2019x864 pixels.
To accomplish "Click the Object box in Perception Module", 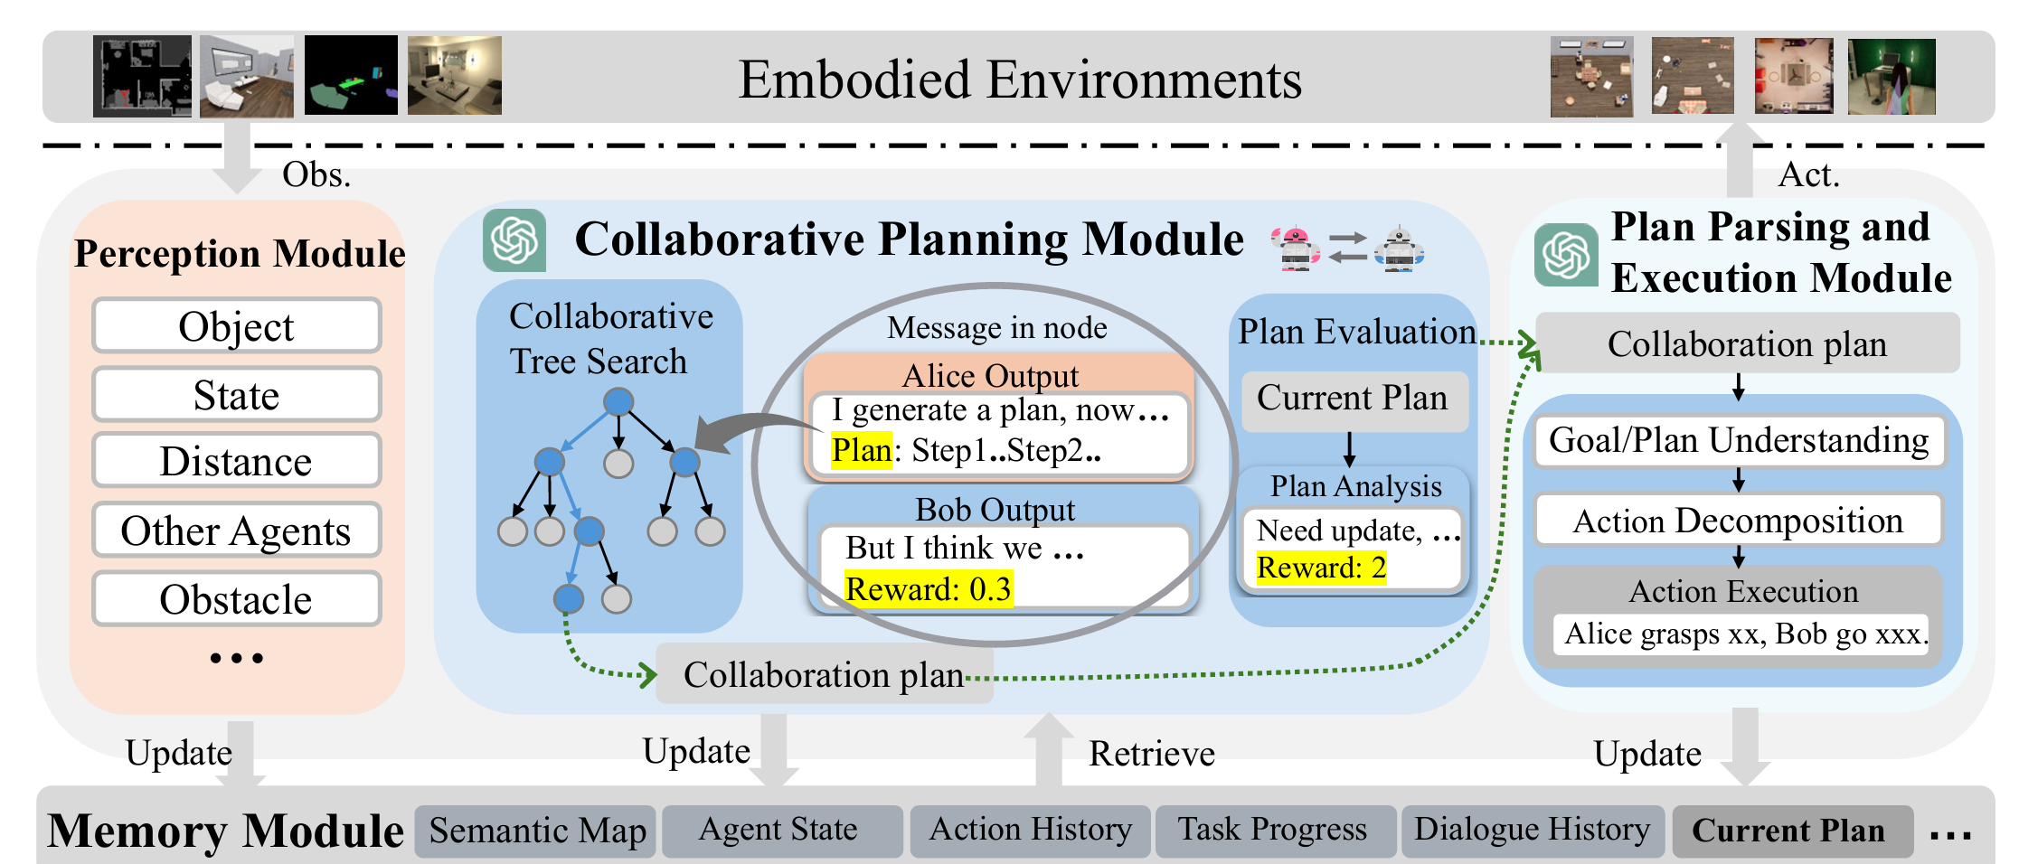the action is click(x=237, y=325).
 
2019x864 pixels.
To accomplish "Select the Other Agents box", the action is click(x=237, y=530).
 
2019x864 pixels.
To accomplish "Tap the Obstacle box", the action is click(x=237, y=598).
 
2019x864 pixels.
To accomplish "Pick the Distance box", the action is click(x=237, y=461).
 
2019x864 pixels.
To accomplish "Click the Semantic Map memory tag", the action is click(x=536, y=831).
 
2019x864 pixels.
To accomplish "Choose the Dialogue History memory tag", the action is click(x=1533, y=831).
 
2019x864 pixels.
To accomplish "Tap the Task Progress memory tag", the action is click(x=1274, y=831).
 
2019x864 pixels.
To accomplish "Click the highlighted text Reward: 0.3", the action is click(x=929, y=589).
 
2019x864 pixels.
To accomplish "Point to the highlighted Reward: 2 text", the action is click(x=1321, y=568).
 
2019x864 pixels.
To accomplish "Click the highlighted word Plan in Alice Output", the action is click(x=862, y=449).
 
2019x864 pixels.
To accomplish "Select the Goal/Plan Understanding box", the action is click(x=1739, y=441).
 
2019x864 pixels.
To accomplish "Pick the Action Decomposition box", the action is click(x=1739, y=521).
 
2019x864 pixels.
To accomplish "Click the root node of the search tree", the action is click(x=618, y=401).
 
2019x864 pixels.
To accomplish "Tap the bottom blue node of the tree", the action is click(x=568, y=598).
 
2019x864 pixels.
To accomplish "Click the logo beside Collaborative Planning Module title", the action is click(x=514, y=240).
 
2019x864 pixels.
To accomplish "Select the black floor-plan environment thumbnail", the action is click(x=142, y=76).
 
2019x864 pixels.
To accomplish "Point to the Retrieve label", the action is click(x=1152, y=754).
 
